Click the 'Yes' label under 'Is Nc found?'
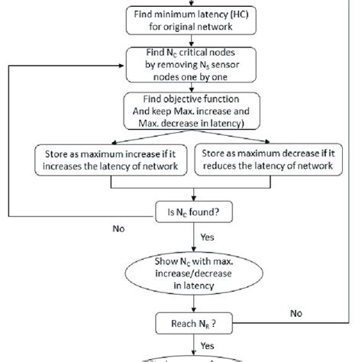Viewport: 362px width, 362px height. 208,238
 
